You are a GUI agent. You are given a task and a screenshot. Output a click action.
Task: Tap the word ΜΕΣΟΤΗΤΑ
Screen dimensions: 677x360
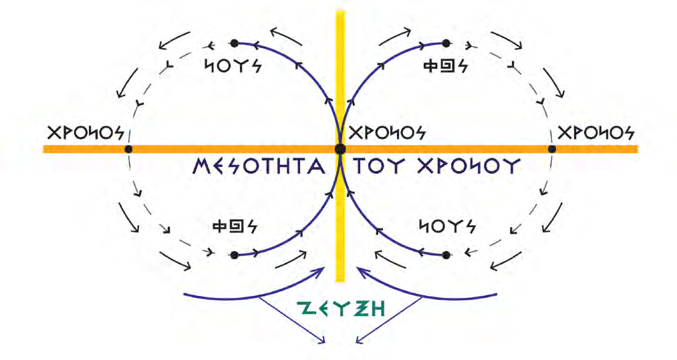click(x=258, y=166)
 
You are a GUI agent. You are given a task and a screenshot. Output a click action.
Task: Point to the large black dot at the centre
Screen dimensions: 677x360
click(x=340, y=148)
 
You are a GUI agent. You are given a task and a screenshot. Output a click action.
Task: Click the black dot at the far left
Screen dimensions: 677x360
click(x=128, y=148)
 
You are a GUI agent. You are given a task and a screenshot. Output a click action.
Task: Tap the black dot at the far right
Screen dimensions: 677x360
click(x=552, y=148)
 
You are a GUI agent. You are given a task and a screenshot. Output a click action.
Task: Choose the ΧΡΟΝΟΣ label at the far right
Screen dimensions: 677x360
click(x=595, y=132)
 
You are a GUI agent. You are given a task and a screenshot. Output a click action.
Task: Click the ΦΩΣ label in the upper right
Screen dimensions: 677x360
click(x=446, y=66)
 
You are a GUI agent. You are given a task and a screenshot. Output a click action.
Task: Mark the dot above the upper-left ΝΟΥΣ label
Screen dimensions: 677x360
click(x=234, y=43)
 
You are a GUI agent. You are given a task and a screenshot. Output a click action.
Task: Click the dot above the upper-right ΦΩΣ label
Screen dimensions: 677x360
click(x=446, y=43)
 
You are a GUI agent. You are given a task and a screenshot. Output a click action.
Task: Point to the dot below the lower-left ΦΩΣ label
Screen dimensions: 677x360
click(x=234, y=255)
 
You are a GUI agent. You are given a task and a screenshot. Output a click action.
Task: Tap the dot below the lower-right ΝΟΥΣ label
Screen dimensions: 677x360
click(x=446, y=255)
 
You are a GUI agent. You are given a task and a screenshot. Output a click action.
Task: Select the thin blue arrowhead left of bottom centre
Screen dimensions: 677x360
click(x=324, y=342)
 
